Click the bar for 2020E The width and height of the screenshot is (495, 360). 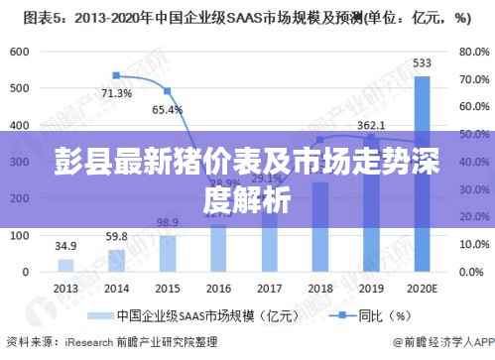click(x=422, y=174)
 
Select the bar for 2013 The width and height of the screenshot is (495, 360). click(x=65, y=265)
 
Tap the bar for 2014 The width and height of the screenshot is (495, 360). click(x=116, y=260)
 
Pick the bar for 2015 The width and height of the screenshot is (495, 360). click(x=167, y=253)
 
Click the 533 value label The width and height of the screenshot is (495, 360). click(x=422, y=63)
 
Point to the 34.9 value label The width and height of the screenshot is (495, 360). click(x=65, y=246)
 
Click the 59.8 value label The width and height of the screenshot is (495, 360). click(x=116, y=236)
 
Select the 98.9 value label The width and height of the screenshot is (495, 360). click(x=167, y=222)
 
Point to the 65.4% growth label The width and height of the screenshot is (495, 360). click(x=167, y=109)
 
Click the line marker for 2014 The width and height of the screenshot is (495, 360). click(x=116, y=75)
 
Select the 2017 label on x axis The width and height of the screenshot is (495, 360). click(x=269, y=287)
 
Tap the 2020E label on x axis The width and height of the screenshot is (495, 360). click(x=422, y=287)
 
